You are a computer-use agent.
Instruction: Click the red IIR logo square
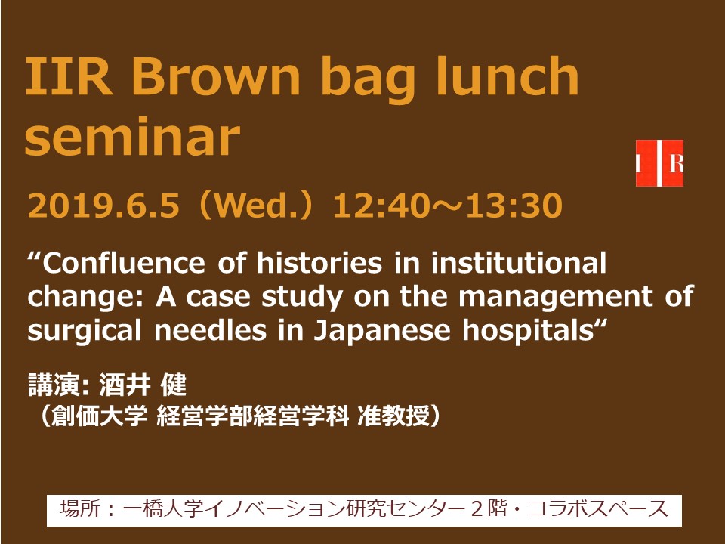659,163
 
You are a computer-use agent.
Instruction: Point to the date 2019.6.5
103,206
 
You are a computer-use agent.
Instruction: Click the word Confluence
123,263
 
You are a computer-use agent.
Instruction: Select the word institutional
518,263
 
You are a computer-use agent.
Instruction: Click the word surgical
84,331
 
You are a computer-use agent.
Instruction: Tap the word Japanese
382,331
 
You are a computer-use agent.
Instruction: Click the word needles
211,330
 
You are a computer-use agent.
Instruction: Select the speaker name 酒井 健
143,385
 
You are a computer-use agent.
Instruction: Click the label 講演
55,385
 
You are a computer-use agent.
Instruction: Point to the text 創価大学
99,416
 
